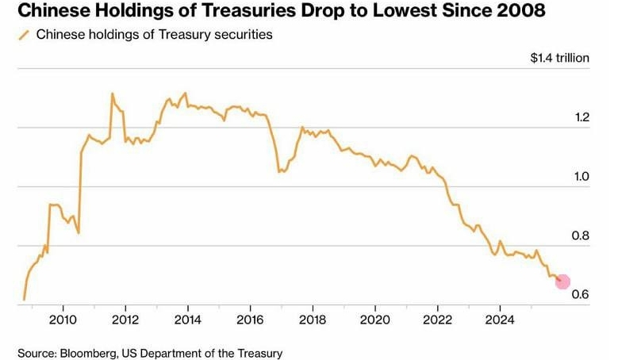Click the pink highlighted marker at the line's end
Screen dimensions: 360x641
[562, 281]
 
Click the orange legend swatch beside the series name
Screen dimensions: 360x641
[23, 35]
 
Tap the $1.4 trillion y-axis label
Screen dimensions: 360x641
[560, 58]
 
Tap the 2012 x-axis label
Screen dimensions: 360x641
[125, 320]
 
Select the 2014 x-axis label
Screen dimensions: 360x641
[187, 320]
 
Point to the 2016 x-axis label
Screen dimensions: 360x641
[250, 320]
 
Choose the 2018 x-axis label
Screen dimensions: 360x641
[313, 320]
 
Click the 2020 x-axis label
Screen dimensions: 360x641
[374, 320]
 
